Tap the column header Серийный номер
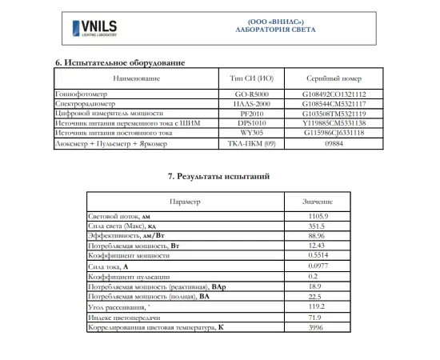(x=334, y=78)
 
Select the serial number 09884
(x=334, y=145)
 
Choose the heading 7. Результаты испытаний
(x=218, y=174)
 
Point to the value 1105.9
(x=318, y=217)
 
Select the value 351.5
(x=318, y=226)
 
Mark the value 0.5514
(x=318, y=255)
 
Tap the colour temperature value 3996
(x=318, y=328)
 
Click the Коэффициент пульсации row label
(x=125, y=275)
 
